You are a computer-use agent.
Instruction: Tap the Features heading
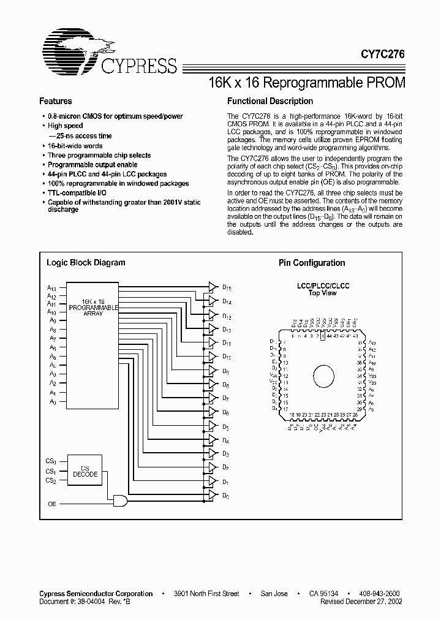56,101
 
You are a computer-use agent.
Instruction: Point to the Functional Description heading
269,101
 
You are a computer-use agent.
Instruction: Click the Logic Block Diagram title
86,262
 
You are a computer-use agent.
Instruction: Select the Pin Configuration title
312,263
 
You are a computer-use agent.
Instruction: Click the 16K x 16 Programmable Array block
92,307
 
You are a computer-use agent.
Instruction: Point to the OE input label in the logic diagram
52,503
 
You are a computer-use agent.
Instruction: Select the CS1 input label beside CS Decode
51,471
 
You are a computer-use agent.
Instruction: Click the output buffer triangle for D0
212,493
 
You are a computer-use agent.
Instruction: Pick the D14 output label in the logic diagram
227,301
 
